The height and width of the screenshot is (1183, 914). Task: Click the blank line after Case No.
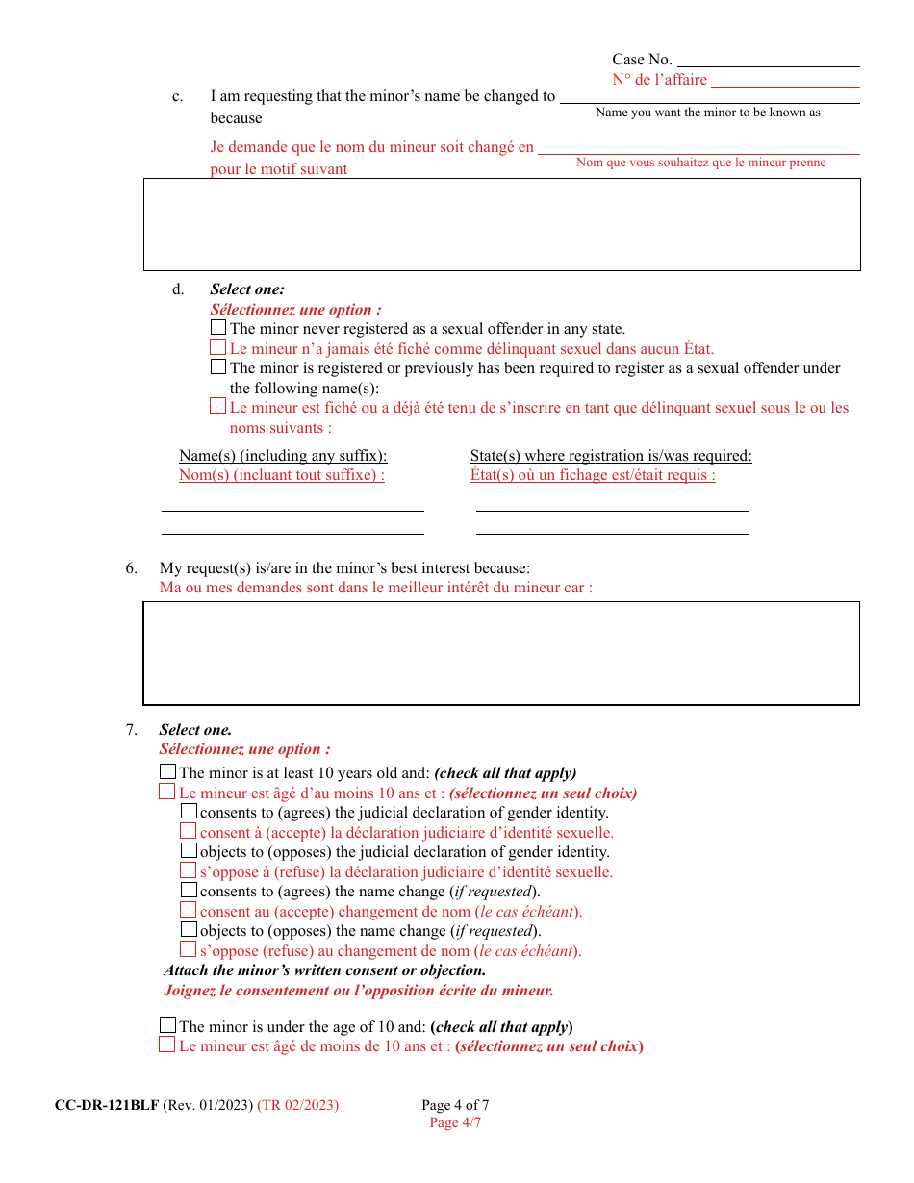pyautogui.click(x=769, y=60)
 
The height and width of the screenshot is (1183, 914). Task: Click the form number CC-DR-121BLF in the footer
pyautogui.click(x=106, y=1105)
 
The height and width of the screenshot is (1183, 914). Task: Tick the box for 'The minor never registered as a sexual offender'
pyautogui.click(x=218, y=328)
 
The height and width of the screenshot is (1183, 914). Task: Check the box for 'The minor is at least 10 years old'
pyautogui.click(x=168, y=771)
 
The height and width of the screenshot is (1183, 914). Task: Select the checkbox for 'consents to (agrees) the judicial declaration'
pyautogui.click(x=189, y=811)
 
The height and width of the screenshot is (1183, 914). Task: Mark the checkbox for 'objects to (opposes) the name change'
pyautogui.click(x=189, y=930)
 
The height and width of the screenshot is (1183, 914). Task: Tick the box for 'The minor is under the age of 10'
pyautogui.click(x=168, y=1025)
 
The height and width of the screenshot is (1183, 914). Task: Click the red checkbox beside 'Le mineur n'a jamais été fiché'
pyautogui.click(x=218, y=348)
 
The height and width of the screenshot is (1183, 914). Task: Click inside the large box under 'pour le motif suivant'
pyautogui.click(x=501, y=224)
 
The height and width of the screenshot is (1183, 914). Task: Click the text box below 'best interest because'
pyautogui.click(x=501, y=653)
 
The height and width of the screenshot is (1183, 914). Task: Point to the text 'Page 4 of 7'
pyautogui.click(x=455, y=1105)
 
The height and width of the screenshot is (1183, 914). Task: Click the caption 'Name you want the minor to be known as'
pyautogui.click(x=708, y=113)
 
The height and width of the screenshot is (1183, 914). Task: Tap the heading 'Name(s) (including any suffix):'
pyautogui.click(x=283, y=456)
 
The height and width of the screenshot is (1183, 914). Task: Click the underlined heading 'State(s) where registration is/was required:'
pyautogui.click(x=611, y=456)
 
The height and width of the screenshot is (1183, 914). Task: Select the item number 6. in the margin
pyautogui.click(x=132, y=568)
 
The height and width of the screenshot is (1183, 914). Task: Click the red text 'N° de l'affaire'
pyautogui.click(x=659, y=80)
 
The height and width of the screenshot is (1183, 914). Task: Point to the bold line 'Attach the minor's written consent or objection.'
pyautogui.click(x=324, y=970)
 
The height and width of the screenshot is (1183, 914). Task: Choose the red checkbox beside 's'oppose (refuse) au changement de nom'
pyautogui.click(x=189, y=949)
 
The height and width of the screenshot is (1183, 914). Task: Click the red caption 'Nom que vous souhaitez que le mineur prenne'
pyautogui.click(x=700, y=163)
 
